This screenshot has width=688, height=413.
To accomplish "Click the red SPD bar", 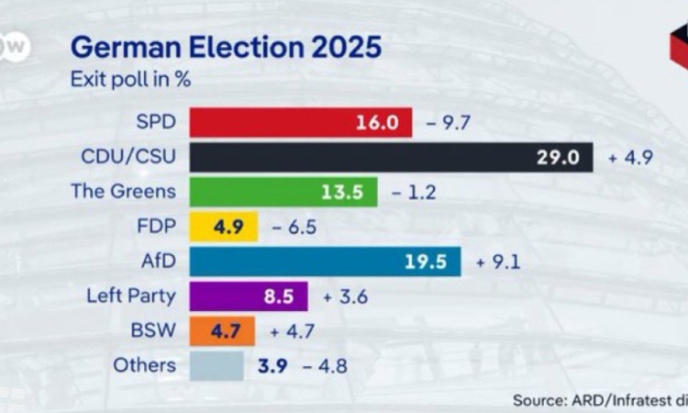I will (300, 122).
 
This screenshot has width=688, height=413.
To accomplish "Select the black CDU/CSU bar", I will (391, 157).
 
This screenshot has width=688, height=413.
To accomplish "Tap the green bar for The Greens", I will (283, 192).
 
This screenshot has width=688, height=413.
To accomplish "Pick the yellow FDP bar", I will (223, 227).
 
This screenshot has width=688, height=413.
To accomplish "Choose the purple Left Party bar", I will (248, 296).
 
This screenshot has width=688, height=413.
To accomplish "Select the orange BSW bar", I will (221, 331).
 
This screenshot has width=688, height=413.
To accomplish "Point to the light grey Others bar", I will (216, 365).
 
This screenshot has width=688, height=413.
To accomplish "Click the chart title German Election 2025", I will (226, 47).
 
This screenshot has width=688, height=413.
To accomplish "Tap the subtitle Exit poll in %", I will (130, 79).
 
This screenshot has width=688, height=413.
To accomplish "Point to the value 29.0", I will (558, 157).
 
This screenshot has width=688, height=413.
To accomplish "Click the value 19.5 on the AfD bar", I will (426, 262).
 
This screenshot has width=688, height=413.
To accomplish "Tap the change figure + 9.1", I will (498, 262).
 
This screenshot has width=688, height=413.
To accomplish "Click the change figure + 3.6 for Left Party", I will (345, 296).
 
